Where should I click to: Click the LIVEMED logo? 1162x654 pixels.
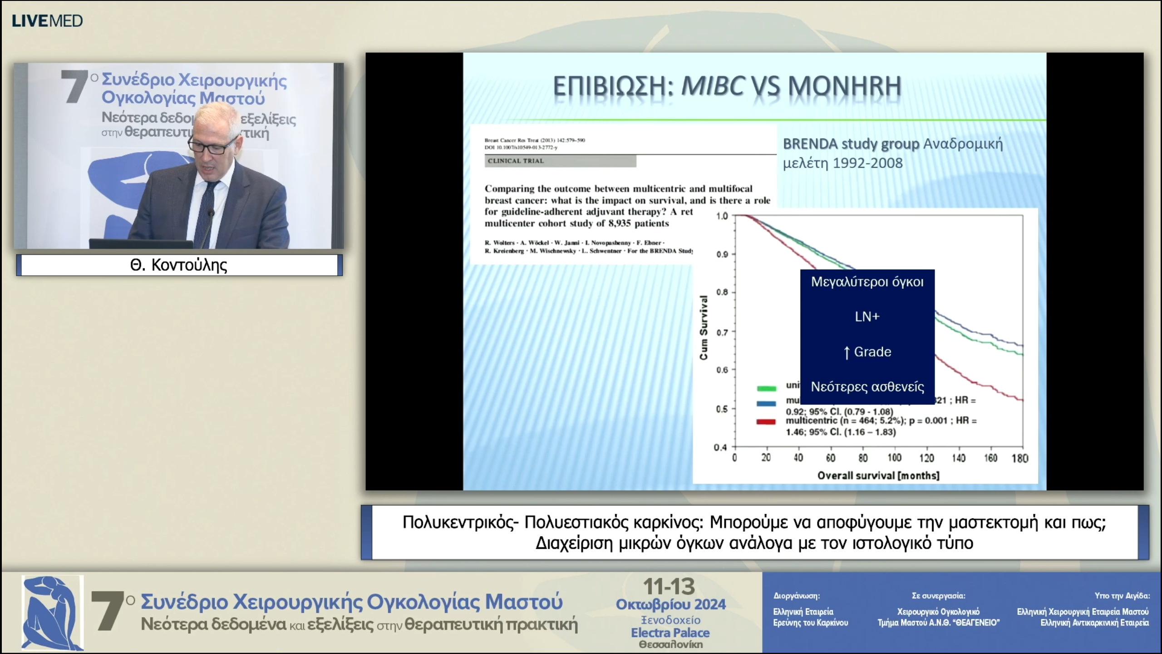click(x=47, y=21)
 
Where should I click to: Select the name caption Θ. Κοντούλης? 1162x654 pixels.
click(x=179, y=265)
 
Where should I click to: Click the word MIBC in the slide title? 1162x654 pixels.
click(x=713, y=85)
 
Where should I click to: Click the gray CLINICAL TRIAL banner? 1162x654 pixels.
click(x=560, y=161)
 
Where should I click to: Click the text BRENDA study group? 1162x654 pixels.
click(x=851, y=144)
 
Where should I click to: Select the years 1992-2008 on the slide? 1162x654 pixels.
click(x=867, y=163)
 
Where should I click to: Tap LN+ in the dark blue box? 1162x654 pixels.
click(x=867, y=317)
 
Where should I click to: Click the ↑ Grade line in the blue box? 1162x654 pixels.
click(x=867, y=352)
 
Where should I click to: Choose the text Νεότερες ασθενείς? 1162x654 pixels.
click(x=867, y=387)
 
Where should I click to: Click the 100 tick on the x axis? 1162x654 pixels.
click(x=894, y=458)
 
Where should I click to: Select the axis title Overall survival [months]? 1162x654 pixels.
click(x=878, y=476)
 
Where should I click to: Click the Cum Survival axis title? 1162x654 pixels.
click(x=704, y=328)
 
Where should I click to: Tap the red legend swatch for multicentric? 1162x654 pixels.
click(x=766, y=422)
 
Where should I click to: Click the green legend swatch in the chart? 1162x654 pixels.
click(x=766, y=388)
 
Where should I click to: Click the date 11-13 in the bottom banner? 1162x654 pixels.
click(x=669, y=587)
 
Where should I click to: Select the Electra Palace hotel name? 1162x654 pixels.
click(x=670, y=633)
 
